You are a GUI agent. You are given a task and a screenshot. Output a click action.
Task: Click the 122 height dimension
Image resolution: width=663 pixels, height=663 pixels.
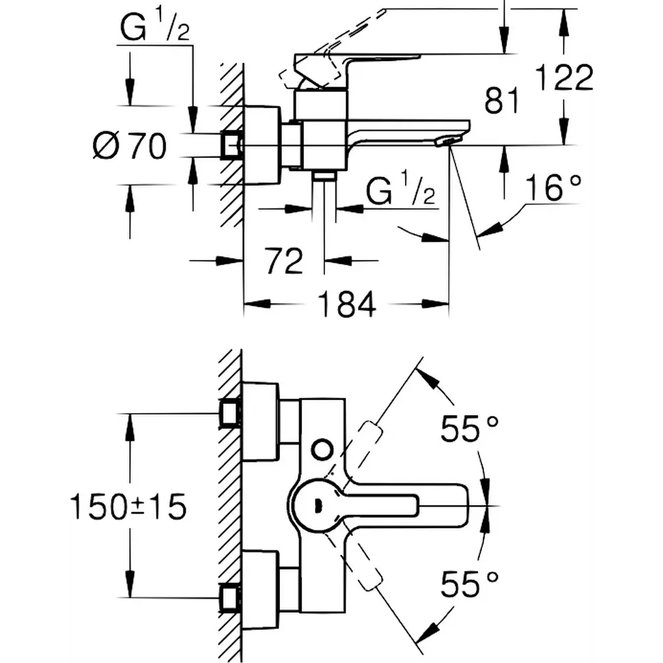pos(563,79)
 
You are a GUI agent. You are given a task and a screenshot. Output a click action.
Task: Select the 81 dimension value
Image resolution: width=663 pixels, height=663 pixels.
pos(501,101)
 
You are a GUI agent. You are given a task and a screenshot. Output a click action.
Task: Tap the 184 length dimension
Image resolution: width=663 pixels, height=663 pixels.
pos(346,304)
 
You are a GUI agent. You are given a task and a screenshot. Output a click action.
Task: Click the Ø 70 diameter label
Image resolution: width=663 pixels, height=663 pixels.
pos(129,145)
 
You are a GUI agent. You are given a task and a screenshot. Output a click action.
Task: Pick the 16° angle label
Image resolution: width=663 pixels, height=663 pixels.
pos(554,189)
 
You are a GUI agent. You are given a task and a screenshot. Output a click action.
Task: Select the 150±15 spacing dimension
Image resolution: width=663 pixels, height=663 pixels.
pos(129,507)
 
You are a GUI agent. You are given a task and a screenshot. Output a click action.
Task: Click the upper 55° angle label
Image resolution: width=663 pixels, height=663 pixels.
pos(469,430)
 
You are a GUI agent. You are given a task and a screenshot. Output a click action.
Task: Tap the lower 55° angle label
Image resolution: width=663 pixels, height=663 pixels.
pos(469,585)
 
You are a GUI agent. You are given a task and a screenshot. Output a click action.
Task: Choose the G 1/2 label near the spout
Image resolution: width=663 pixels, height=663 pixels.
pos(401,193)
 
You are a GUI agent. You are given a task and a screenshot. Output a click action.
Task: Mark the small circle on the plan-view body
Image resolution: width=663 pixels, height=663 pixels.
pos(322,450)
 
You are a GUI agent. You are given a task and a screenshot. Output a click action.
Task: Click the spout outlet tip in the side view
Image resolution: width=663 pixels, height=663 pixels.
pos(450,140)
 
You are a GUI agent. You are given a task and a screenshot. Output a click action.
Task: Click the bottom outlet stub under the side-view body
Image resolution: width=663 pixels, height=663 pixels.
pos(324,175)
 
